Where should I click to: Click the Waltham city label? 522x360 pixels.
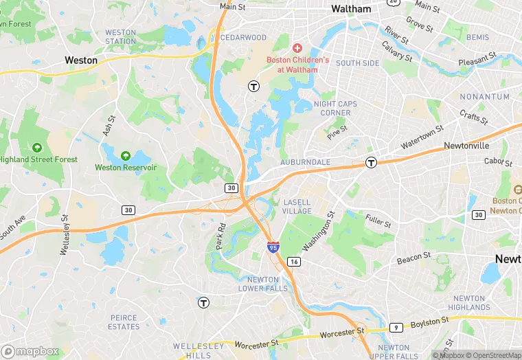(x=351, y=9)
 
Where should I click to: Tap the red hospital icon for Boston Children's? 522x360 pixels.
(x=297, y=47)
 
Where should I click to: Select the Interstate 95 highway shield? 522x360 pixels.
(x=273, y=247)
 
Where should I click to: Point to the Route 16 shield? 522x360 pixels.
(x=294, y=262)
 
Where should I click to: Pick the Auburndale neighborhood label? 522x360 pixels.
(x=306, y=162)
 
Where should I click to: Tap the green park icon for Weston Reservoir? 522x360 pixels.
(x=126, y=156)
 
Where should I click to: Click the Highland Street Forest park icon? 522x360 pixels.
(x=37, y=147)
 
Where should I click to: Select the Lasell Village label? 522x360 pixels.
(x=297, y=207)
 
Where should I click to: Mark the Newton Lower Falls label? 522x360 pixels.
(x=263, y=284)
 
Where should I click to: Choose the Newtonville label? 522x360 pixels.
(x=466, y=146)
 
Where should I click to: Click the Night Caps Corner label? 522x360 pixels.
(x=336, y=109)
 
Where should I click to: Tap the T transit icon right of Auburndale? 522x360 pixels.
(x=371, y=163)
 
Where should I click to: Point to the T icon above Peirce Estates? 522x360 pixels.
(x=203, y=302)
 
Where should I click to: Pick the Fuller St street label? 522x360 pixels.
(x=378, y=221)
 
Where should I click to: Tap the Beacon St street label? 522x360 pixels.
(x=413, y=258)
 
